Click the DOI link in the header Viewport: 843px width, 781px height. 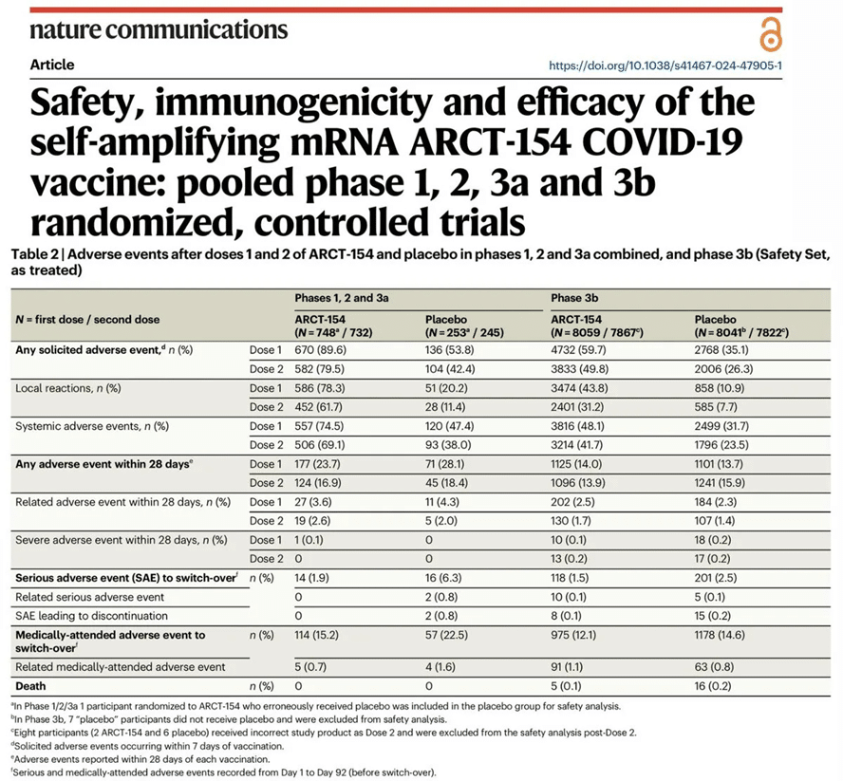point(665,65)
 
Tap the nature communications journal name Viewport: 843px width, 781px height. point(159,30)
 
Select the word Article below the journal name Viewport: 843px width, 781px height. point(52,65)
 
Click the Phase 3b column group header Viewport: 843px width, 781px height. point(574,298)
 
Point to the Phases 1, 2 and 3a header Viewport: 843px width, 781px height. point(342,298)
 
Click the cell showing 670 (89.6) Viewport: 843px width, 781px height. point(321,350)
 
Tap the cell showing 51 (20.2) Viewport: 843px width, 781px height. point(446,388)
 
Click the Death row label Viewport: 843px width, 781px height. point(30,686)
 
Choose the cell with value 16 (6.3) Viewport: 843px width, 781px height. point(443,578)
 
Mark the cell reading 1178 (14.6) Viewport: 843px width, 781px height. point(720,635)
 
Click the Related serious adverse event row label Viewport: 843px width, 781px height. point(90,597)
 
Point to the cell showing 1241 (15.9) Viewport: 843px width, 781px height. point(720,483)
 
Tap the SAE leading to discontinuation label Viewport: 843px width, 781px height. point(91,616)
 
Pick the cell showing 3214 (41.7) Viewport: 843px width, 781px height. point(576,444)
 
